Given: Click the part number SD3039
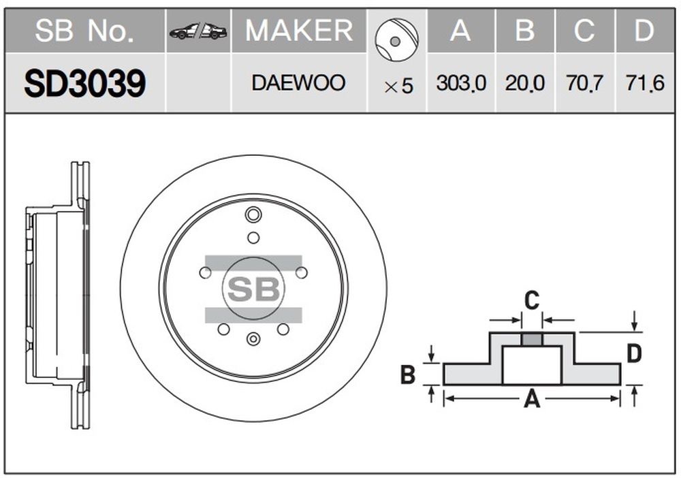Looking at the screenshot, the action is [x=85, y=83].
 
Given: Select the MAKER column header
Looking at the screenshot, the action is [x=299, y=31].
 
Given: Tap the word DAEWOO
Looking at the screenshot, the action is [x=299, y=83].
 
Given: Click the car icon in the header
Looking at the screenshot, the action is [x=198, y=31].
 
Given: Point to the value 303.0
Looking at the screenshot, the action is [x=461, y=83].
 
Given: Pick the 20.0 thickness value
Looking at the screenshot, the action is [x=524, y=83].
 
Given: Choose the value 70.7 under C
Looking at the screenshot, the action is [x=584, y=83].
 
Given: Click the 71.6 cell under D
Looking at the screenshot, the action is [x=645, y=83].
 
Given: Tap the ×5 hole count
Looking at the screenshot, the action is [x=398, y=86].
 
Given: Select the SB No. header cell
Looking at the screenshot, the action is [x=84, y=31].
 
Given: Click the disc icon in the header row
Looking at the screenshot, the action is [x=396, y=40].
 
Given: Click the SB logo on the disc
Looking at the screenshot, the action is [x=253, y=289].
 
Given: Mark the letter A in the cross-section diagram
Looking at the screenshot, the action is [x=532, y=399].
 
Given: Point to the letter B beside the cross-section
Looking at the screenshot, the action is [x=408, y=375].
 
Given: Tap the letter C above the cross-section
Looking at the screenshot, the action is [x=532, y=300].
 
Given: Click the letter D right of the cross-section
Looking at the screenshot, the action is [x=635, y=353].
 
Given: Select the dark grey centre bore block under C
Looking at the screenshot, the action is [x=532, y=339].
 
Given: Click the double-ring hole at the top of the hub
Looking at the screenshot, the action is [x=253, y=214].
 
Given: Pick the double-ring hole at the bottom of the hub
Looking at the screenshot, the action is [x=253, y=338].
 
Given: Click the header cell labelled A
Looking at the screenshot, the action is [x=461, y=31].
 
